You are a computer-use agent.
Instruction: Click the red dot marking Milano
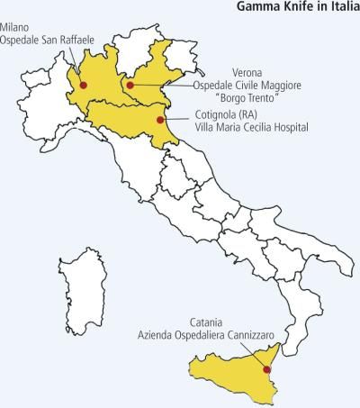[x=84, y=86]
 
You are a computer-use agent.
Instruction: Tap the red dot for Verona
[x=130, y=86]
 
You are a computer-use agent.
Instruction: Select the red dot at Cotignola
[x=160, y=119]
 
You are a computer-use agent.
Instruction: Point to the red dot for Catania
[x=266, y=368]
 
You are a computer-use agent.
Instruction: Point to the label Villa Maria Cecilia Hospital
[x=250, y=128]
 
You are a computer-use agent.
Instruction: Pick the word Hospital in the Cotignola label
[x=287, y=128]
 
